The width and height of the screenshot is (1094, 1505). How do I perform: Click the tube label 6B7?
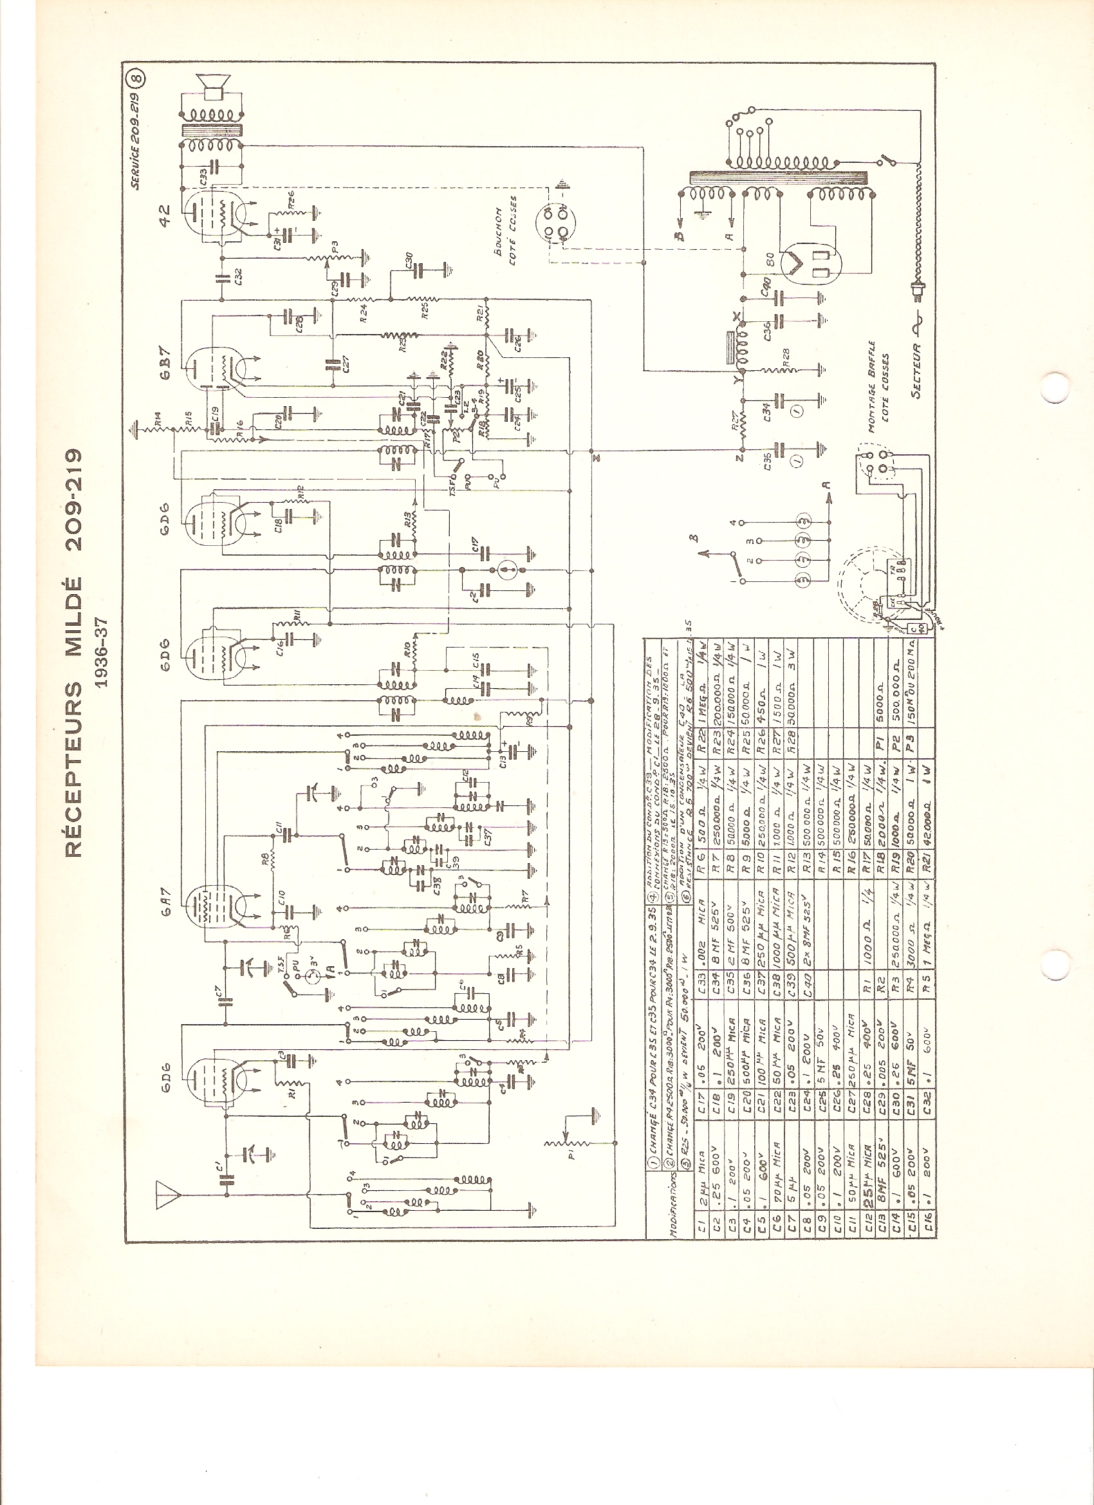point(165,364)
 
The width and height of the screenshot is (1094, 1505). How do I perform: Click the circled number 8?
point(137,78)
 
